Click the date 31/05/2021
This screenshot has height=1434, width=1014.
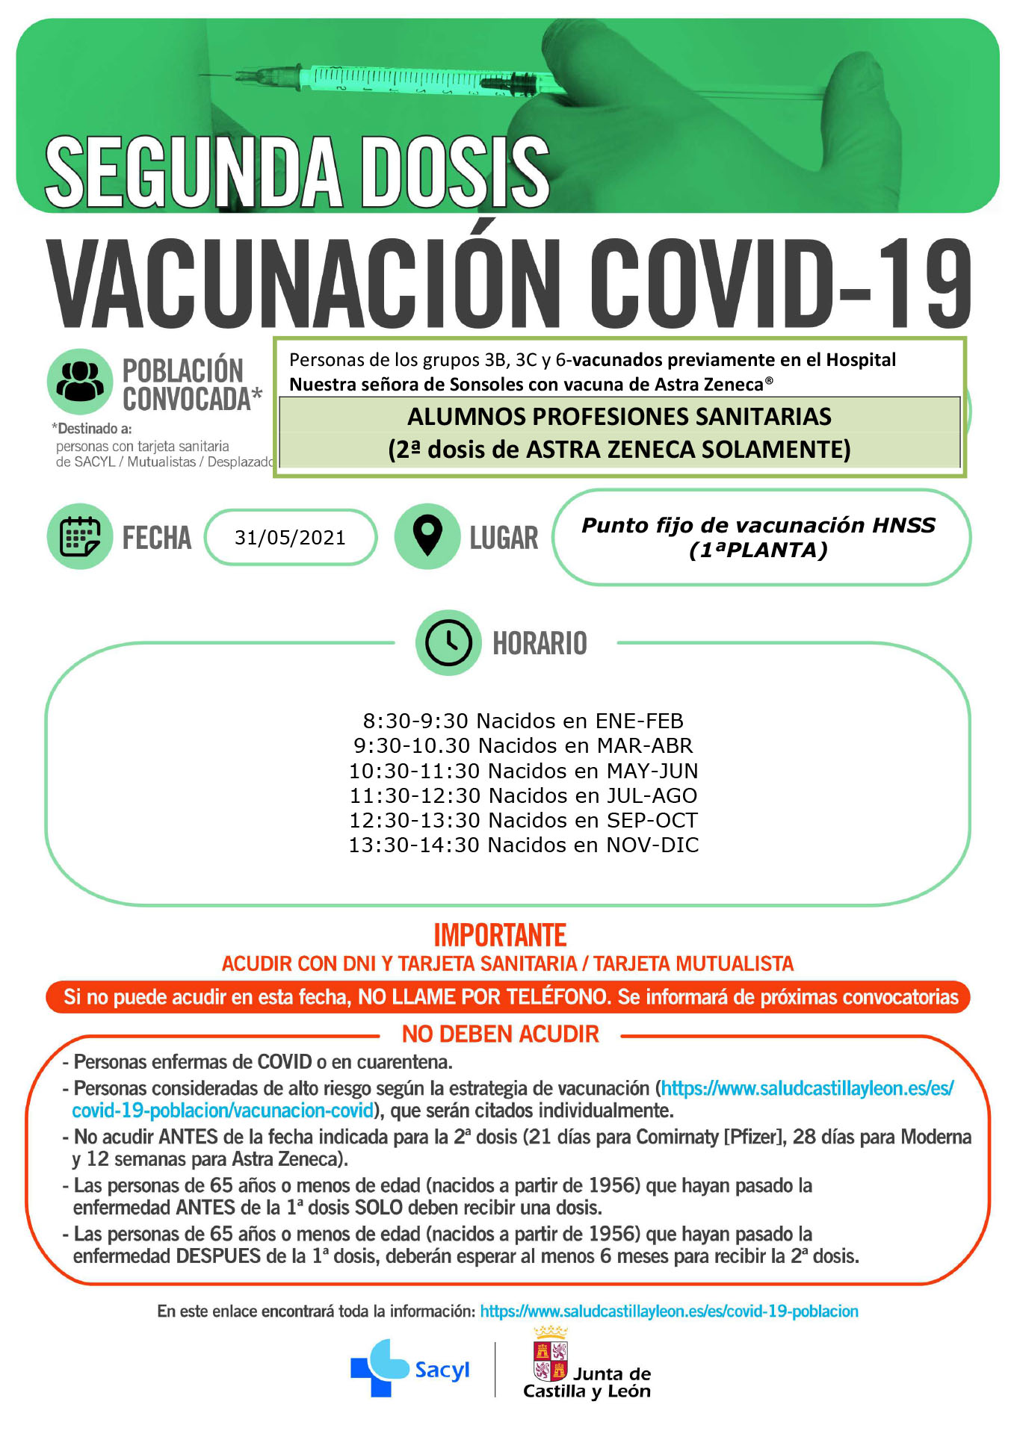[290, 538]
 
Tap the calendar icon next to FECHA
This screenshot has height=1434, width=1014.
[80, 536]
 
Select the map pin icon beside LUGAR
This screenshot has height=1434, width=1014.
[427, 536]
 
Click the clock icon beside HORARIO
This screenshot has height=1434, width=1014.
[448, 642]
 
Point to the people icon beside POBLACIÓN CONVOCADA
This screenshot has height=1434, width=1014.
[80, 381]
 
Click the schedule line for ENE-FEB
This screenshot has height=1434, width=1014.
[523, 721]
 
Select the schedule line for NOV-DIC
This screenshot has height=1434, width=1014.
[523, 845]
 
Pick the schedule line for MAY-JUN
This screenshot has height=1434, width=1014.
[523, 771]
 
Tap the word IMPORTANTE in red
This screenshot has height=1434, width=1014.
[500, 935]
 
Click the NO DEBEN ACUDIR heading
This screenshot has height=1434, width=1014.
[501, 1034]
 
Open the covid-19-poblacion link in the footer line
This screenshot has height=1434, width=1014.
[669, 1312]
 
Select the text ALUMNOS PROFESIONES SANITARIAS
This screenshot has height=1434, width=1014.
[619, 417]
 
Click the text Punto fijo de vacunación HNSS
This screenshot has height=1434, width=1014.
[758, 525]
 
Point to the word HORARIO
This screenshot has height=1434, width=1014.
[540, 643]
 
